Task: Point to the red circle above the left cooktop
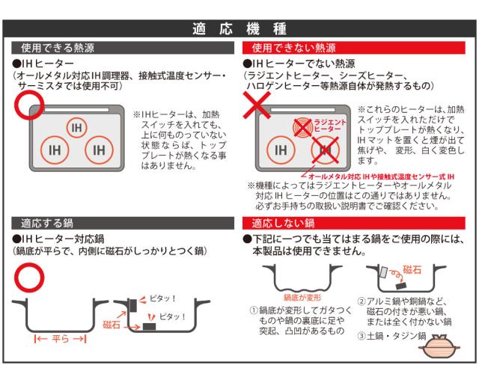click(29, 104)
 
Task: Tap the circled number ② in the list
click(361, 301)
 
